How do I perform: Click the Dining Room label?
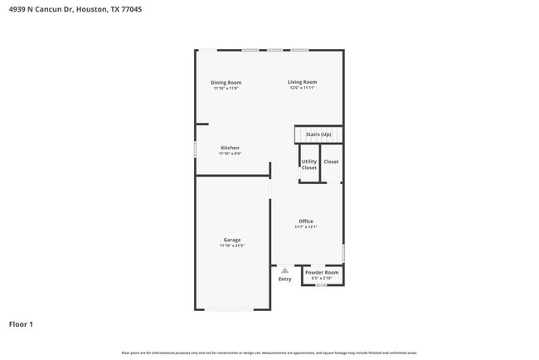(x=226, y=82)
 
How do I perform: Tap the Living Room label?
(x=303, y=82)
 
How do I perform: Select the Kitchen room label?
(x=230, y=148)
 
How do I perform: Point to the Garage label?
(x=232, y=240)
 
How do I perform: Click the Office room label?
(x=306, y=221)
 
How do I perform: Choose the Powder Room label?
(x=322, y=272)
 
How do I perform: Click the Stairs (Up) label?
(x=318, y=134)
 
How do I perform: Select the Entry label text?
(x=284, y=280)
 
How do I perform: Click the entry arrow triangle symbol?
(x=284, y=270)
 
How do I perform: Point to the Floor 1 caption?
(x=21, y=324)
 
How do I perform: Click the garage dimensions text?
(x=232, y=246)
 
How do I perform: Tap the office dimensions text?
(x=306, y=226)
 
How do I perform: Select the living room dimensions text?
(x=303, y=88)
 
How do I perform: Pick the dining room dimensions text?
(x=226, y=88)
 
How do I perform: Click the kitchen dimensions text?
(x=230, y=153)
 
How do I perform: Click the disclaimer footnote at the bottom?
(x=269, y=353)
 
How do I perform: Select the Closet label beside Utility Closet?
(x=331, y=162)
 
